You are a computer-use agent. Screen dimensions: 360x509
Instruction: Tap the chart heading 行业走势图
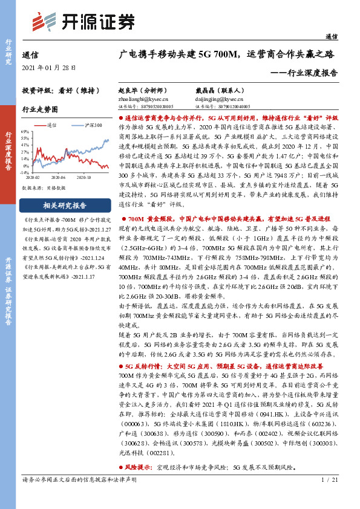coord(40,110)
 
